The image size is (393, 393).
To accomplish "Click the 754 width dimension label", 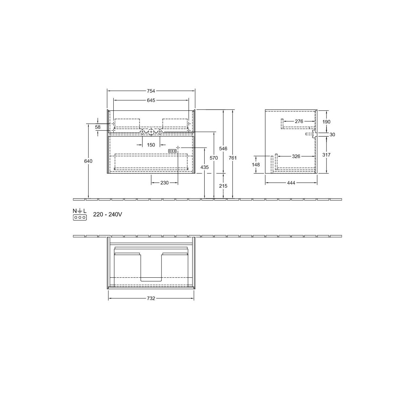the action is pyautogui.click(x=151, y=91).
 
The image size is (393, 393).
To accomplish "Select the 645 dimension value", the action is pyautogui.click(x=151, y=100).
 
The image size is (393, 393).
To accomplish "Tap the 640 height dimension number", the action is pyautogui.click(x=88, y=161).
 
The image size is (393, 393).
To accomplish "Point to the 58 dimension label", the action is pyautogui.click(x=98, y=127).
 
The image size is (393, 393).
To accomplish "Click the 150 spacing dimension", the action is pyautogui.click(x=151, y=145).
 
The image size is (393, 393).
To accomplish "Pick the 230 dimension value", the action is pyautogui.click(x=164, y=183).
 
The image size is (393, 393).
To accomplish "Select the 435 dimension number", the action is pyautogui.click(x=205, y=167).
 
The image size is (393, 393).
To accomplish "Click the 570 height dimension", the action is pyautogui.click(x=214, y=158).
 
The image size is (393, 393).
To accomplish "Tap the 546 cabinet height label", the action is pyautogui.click(x=223, y=148).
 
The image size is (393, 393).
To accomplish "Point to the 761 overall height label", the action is pyautogui.click(x=233, y=158).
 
